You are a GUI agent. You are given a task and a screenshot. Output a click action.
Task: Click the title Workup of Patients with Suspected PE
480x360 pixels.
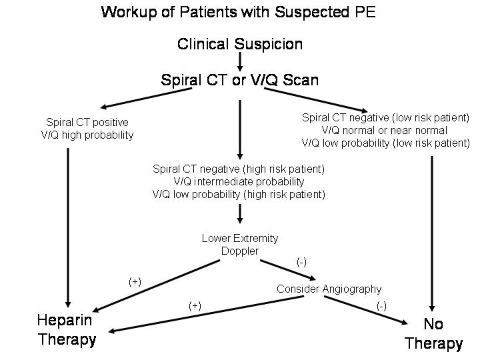pos(238,12)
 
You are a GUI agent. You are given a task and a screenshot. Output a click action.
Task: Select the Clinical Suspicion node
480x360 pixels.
pos(240,44)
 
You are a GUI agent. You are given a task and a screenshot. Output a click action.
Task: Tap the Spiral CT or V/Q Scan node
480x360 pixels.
pos(240,80)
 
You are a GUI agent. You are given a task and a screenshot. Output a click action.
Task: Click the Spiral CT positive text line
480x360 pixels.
pos(87,122)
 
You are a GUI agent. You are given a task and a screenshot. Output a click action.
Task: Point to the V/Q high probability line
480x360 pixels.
pos(87,135)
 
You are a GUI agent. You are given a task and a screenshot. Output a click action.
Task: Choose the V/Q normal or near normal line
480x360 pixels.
pos(385,130)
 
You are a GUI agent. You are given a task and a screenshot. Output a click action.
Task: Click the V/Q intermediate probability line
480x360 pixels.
pos(239,181)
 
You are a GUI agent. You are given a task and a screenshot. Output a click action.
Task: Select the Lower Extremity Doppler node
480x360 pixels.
pos(240,244)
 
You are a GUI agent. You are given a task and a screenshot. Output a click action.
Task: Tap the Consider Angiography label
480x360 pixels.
pos(329,289)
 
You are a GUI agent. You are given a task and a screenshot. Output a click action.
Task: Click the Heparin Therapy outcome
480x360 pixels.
pos(67,330)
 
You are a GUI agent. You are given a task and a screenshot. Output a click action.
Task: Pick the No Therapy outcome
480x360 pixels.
pos(433,333)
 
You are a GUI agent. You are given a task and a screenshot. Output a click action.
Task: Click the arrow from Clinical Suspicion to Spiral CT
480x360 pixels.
pos(240,61)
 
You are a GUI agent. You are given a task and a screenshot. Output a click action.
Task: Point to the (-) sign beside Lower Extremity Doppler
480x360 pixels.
pos(301,262)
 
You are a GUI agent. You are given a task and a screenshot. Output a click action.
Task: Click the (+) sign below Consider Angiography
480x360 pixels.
pos(195,305)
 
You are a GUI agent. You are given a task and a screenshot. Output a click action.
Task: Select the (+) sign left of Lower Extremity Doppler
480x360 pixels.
pos(135,282)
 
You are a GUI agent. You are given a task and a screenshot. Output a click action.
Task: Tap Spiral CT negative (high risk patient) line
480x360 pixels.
pos(239,169)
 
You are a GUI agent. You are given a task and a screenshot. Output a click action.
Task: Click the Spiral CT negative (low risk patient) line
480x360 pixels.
pos(385,117)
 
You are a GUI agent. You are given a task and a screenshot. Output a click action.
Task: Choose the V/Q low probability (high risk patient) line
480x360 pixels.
pos(239,194)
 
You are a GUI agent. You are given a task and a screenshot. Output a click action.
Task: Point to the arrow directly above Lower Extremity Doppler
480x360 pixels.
pos(240,215)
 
